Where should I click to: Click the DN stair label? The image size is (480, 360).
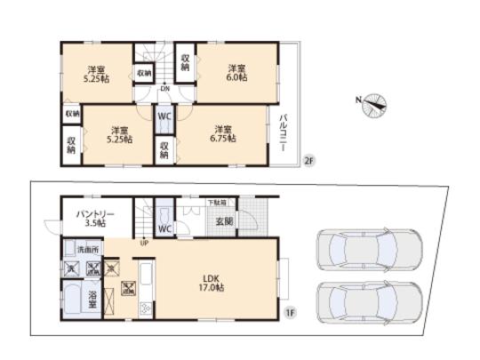click(165, 88)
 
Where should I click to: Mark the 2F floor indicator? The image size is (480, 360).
click(308, 161)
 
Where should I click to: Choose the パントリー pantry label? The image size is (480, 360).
click(94, 213)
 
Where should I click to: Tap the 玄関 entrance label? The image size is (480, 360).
click(223, 221)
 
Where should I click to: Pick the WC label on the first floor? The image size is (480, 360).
click(164, 228)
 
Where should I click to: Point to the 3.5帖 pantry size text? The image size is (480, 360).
click(94, 224)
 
